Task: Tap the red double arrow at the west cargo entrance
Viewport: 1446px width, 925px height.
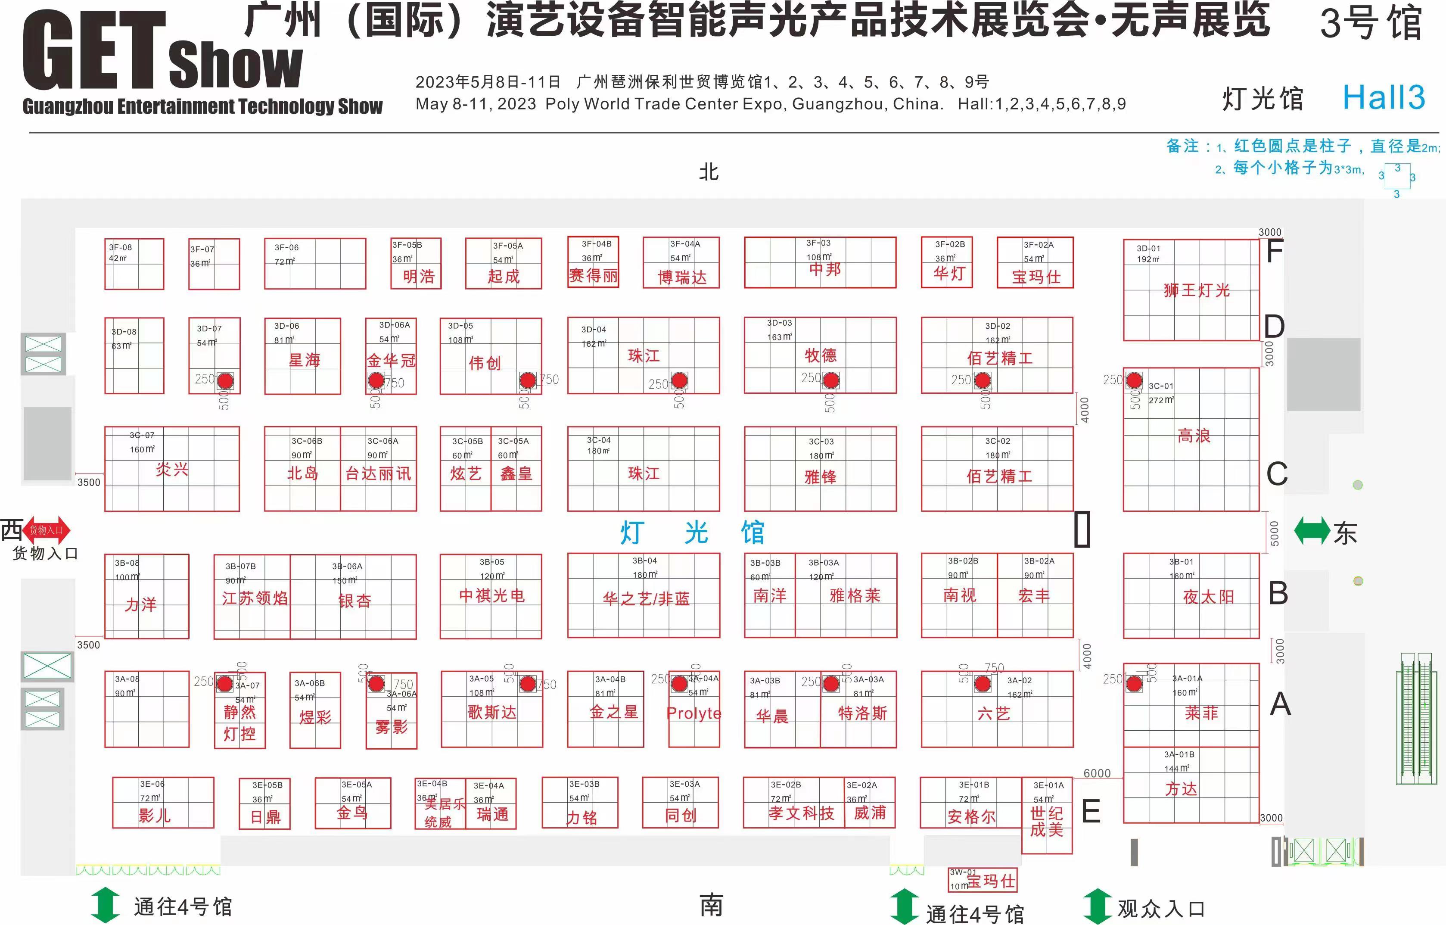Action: click(x=47, y=530)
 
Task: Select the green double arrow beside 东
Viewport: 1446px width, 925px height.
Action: click(x=1312, y=531)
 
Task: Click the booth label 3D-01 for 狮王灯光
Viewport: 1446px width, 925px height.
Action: click(x=1148, y=248)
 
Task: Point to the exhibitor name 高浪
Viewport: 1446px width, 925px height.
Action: click(x=1194, y=436)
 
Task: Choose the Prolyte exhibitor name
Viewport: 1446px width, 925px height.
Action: click(x=693, y=713)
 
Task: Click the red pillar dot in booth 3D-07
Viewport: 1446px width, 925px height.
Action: click(x=225, y=381)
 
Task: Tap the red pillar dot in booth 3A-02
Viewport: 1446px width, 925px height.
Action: click(x=983, y=684)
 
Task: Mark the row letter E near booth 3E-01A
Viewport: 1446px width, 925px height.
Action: click(x=1091, y=812)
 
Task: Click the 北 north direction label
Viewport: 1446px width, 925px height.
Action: click(x=709, y=172)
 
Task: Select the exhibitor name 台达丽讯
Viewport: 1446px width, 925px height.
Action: click(x=378, y=474)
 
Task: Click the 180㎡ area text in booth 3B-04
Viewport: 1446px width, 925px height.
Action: click(x=644, y=575)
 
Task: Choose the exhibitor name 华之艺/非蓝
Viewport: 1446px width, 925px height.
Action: click(x=646, y=598)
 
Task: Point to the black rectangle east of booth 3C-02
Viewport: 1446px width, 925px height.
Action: click(x=1082, y=529)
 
